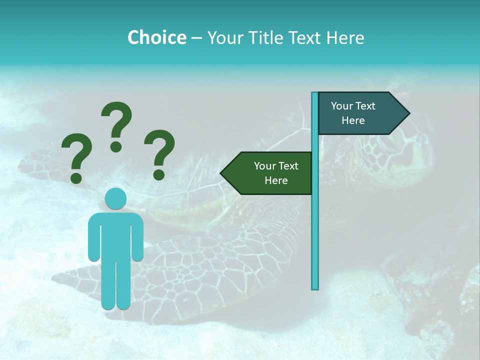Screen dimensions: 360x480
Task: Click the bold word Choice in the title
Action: point(156,37)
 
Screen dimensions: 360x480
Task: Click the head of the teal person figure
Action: point(115,198)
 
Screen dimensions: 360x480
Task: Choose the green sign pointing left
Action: point(270,173)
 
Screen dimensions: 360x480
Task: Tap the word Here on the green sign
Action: point(276,180)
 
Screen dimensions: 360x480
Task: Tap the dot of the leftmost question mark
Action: point(76,178)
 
